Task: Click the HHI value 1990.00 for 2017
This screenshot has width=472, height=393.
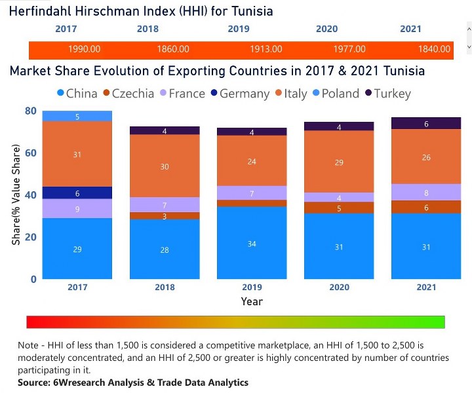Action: [84, 49]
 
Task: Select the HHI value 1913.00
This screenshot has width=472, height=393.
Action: [266, 49]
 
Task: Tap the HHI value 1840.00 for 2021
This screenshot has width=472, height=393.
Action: [435, 49]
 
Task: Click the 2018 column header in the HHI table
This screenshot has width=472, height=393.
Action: [147, 29]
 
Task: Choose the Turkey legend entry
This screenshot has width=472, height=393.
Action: [387, 94]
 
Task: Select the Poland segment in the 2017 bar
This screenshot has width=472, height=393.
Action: [77, 117]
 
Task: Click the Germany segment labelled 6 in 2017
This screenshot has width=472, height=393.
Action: [77, 193]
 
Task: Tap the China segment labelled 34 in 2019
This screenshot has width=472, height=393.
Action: [252, 244]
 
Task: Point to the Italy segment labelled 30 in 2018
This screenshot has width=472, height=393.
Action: [165, 166]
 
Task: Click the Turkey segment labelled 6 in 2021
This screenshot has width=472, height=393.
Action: [426, 124]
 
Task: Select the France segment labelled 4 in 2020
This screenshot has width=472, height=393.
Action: [339, 198]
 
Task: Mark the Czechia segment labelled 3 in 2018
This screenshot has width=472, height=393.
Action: [165, 216]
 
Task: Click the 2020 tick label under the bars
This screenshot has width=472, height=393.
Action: [339, 287]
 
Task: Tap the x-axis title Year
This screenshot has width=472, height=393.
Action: [251, 302]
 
